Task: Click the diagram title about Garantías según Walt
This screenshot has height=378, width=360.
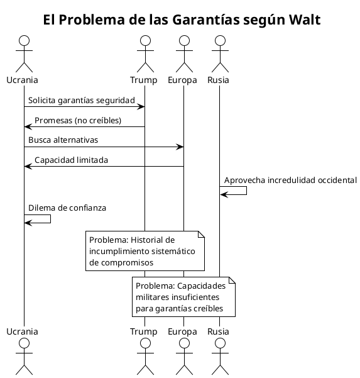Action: coord(182,20)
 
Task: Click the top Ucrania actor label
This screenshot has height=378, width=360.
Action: coord(23,80)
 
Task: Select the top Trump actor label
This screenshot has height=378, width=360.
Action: coord(144,80)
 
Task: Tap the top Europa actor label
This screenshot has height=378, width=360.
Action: coord(183,80)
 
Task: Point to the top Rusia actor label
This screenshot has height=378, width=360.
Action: coord(219,80)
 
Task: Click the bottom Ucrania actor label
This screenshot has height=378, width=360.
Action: coord(23,331)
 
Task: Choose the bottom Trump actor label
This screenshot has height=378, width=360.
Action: coord(144,331)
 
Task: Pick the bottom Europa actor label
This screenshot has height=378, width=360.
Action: coord(183,331)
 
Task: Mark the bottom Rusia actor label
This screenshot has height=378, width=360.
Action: coord(219,331)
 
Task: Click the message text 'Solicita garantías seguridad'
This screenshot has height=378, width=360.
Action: coord(82,100)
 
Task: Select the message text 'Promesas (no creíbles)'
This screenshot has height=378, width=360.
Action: coord(78,120)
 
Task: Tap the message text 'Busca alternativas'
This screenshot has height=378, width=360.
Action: coord(63,140)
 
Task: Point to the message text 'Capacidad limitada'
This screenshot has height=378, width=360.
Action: coord(71,160)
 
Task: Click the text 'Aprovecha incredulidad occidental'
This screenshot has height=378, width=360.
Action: coord(290,180)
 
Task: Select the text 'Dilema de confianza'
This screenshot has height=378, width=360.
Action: coord(67,207)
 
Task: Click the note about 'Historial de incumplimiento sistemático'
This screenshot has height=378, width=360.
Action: coord(146,251)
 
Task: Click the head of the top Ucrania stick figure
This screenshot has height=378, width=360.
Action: coord(24,41)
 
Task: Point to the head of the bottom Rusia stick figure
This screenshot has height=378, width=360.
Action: coord(219,343)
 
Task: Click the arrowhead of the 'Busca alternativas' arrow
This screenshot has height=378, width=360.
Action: coord(180,147)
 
